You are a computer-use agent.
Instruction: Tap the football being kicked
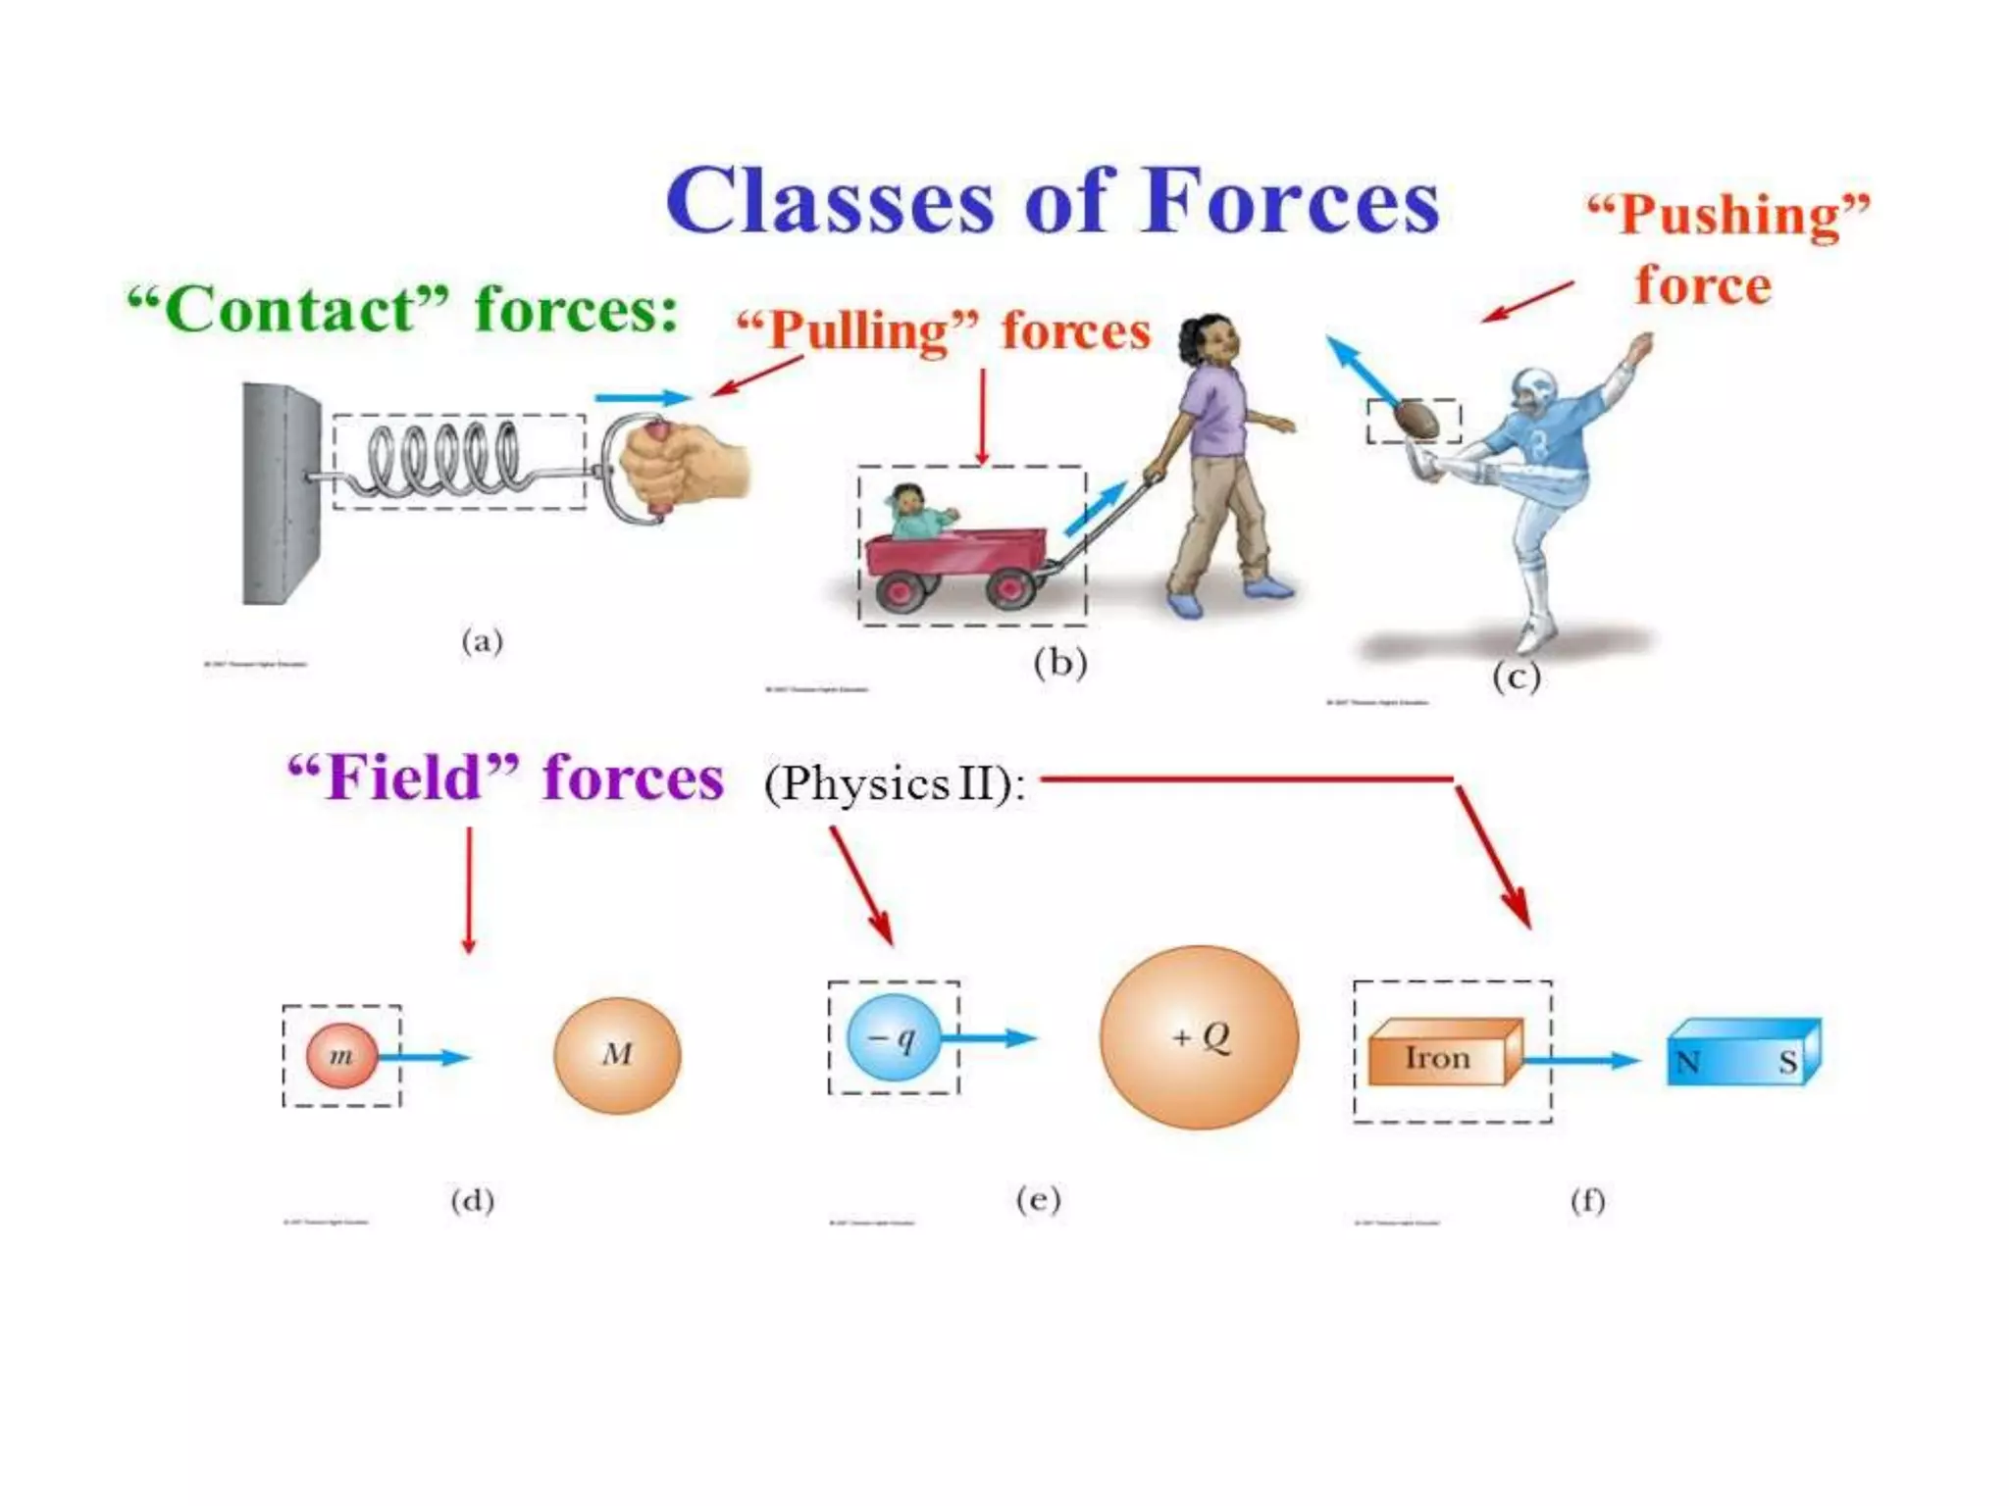[1416, 420]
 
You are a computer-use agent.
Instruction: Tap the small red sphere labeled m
[341, 1056]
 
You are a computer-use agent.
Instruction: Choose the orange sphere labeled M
[617, 1055]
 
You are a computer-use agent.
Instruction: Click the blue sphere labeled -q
[893, 1037]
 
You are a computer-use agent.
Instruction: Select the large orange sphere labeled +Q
[1199, 1037]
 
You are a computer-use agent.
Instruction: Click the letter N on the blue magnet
[1687, 1062]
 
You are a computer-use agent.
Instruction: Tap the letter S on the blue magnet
[1788, 1062]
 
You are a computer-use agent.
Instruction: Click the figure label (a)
[482, 642]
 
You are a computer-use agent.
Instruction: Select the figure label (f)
[1587, 1200]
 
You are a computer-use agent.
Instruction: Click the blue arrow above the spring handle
[643, 397]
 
